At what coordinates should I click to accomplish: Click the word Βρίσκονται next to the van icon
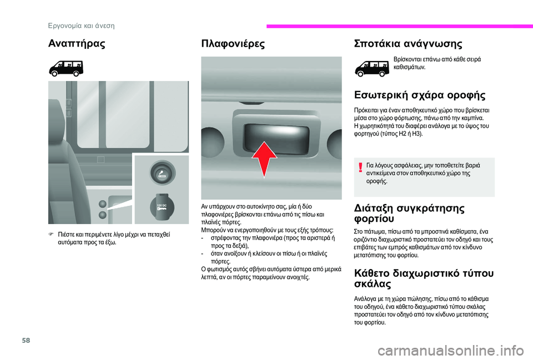410,58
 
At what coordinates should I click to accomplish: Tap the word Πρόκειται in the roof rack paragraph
367,110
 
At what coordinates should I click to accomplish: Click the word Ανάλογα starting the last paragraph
366,298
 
